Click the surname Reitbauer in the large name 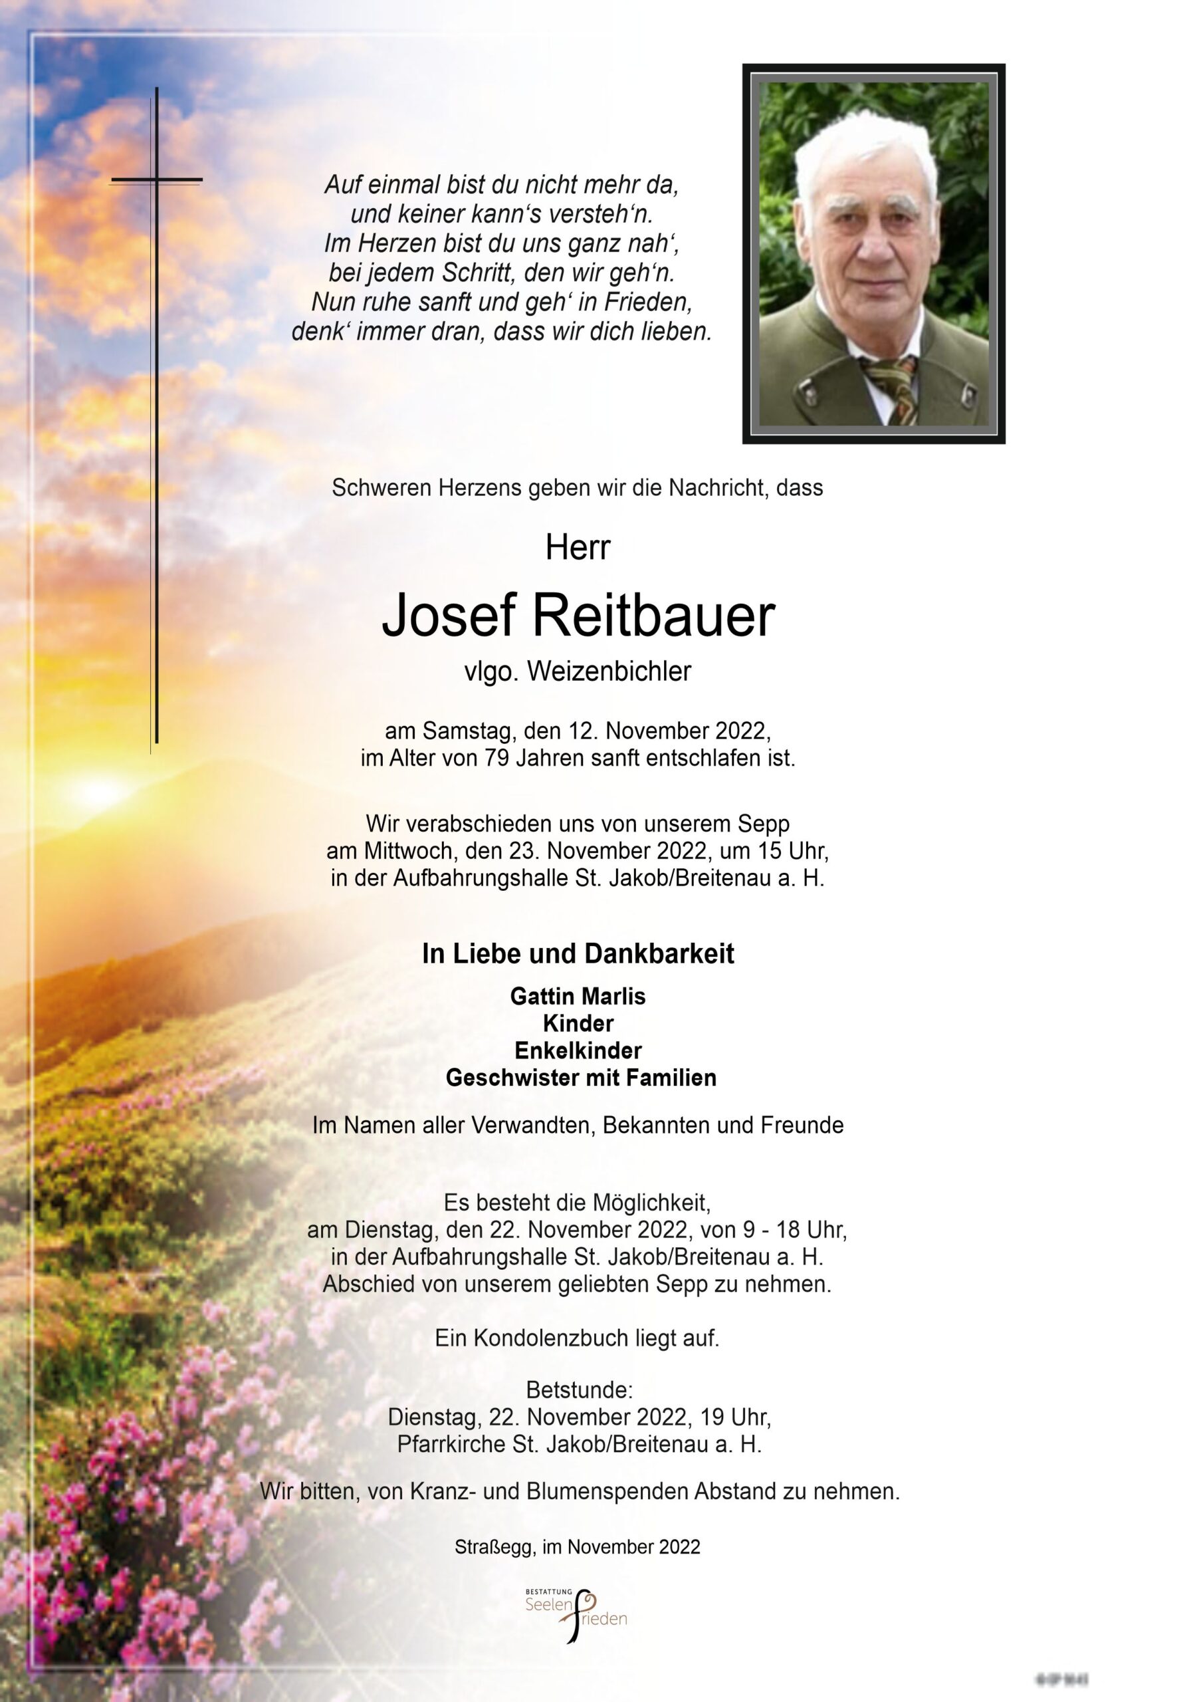tap(653, 617)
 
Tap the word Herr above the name tap(578, 548)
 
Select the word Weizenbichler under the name tap(609, 671)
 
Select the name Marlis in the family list tap(612, 997)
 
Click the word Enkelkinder tap(578, 1050)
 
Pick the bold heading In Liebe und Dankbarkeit tap(578, 954)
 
